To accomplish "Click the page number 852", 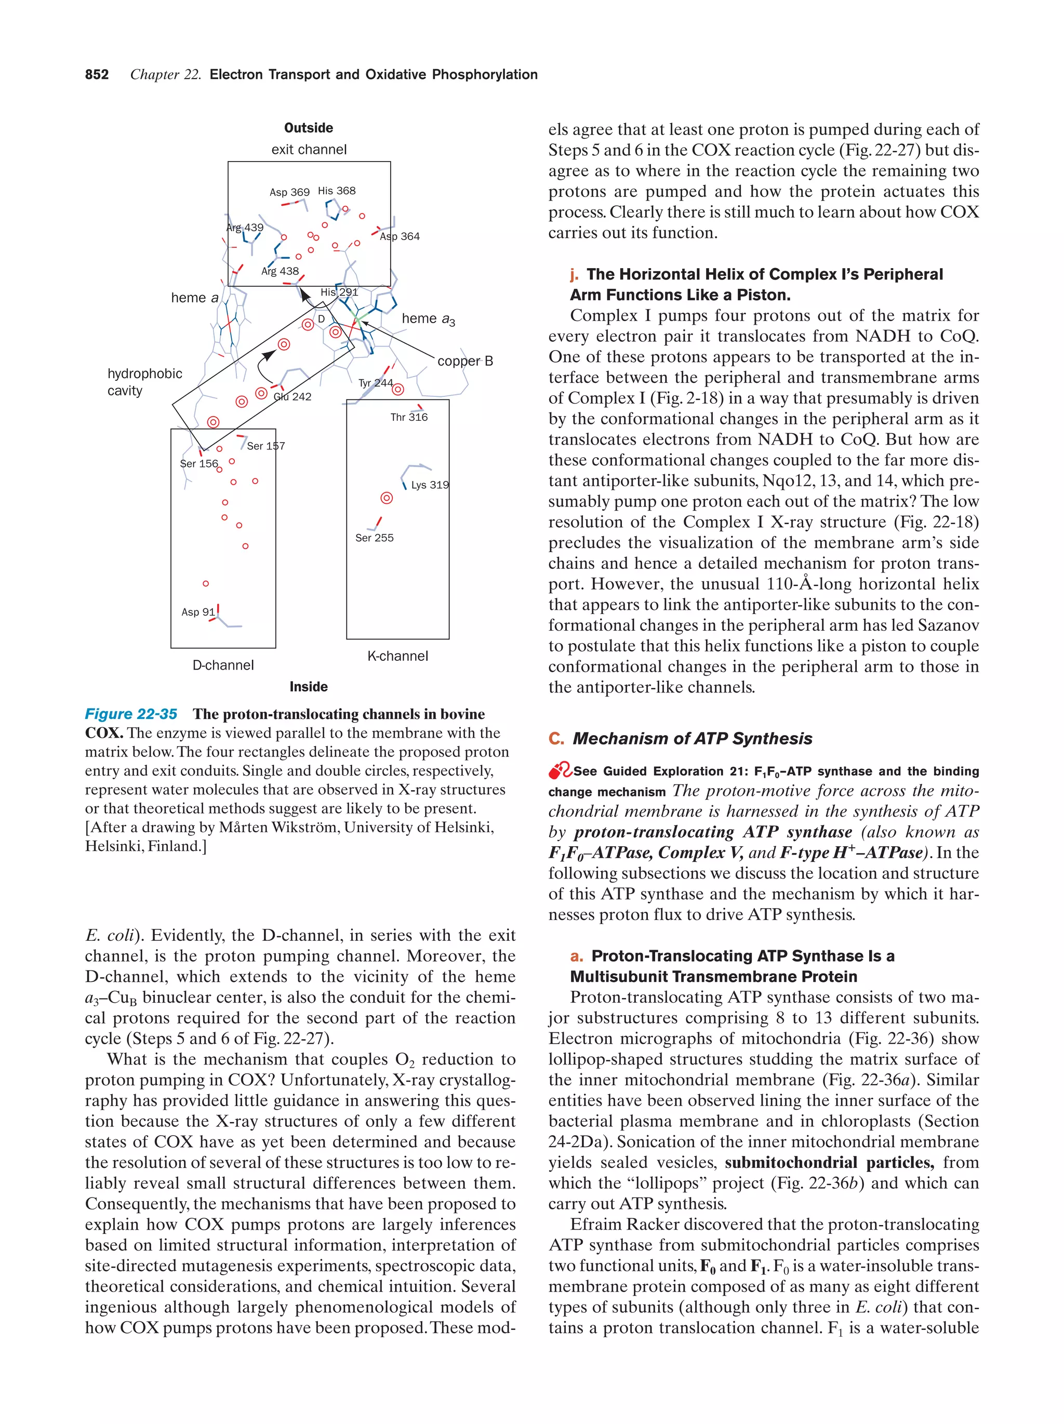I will point(97,75).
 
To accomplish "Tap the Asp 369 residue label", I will point(289,192).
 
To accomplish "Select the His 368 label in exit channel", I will point(336,191).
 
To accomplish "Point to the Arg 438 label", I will point(280,271).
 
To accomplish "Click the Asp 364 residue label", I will point(399,236).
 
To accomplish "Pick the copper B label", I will point(465,361).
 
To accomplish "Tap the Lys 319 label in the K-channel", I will point(429,485).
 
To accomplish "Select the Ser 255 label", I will point(374,538).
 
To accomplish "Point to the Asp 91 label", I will point(197,611).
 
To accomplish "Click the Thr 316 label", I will point(409,417).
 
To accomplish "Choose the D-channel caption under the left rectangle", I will point(223,665).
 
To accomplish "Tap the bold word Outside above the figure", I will point(308,127).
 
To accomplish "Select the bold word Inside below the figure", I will point(308,686).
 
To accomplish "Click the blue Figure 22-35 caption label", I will point(131,714).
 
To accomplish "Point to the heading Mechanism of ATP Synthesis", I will point(692,738).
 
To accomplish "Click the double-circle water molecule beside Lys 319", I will point(386,498).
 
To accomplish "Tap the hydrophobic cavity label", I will point(144,382).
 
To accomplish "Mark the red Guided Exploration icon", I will point(560,770).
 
